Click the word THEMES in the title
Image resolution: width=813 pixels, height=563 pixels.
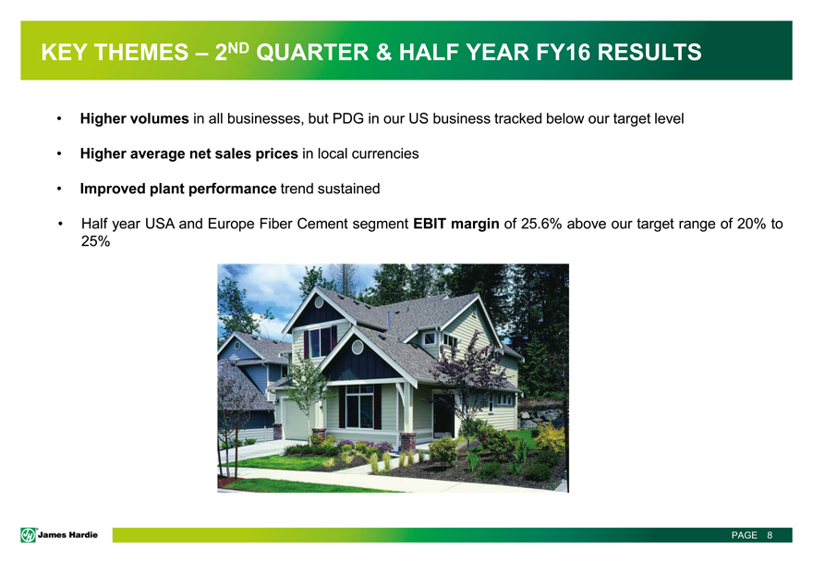tap(141, 53)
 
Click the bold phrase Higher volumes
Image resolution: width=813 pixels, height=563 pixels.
tap(134, 119)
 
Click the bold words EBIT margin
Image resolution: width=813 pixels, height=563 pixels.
tap(456, 224)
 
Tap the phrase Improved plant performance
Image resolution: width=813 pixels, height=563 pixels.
tap(177, 189)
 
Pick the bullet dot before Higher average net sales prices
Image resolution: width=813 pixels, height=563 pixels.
tap(60, 154)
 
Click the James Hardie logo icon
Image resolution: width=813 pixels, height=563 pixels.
tap(28, 535)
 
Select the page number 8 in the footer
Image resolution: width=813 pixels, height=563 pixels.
tap(770, 535)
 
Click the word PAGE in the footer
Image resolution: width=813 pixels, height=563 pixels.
tap(744, 535)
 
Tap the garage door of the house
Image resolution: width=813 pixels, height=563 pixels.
tap(296, 420)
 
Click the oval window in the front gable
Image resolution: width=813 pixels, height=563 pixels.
tap(358, 346)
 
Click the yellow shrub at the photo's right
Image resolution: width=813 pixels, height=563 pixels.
tap(550, 437)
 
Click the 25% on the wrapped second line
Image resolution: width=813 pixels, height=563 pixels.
tap(95, 241)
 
